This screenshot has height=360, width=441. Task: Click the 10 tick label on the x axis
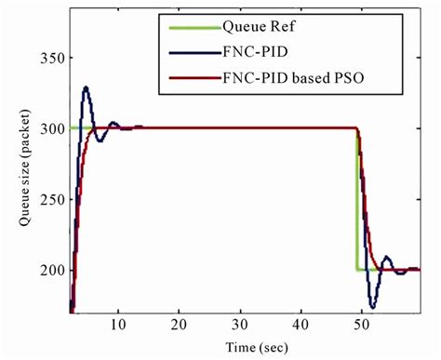coord(117,325)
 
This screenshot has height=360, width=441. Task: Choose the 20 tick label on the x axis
coord(179,325)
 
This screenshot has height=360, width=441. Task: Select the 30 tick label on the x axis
coord(239,325)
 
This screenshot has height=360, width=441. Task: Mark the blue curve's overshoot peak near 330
coord(86,87)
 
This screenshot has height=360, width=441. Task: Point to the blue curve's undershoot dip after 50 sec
coord(372,306)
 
